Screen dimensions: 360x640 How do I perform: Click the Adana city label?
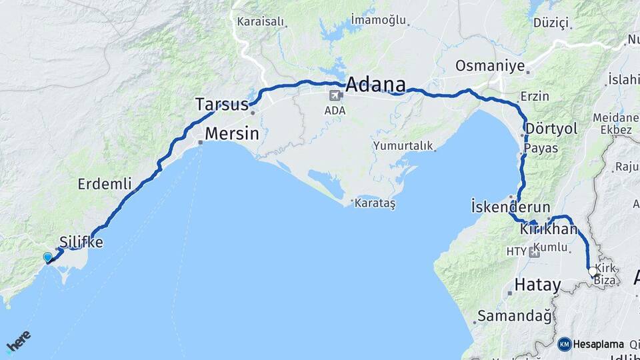pos(375,85)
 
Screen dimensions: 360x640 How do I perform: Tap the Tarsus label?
pos(221,104)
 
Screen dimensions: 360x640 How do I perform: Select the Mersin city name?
pos(231,133)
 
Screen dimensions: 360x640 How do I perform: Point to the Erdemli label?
pos(105,183)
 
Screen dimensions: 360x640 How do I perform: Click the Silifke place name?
pos(81,242)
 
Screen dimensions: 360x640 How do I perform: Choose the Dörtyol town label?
pos(551,128)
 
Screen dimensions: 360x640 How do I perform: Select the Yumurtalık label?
pos(403,145)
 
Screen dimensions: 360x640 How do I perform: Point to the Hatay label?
pos(537,285)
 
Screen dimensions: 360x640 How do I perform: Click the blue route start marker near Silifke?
pos(47,257)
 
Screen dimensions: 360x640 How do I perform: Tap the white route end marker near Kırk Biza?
pos(593,272)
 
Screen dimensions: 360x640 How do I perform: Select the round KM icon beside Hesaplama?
pos(564,344)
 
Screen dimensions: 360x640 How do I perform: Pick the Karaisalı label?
pos(261,21)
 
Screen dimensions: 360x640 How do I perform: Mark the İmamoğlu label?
pos(379,21)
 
